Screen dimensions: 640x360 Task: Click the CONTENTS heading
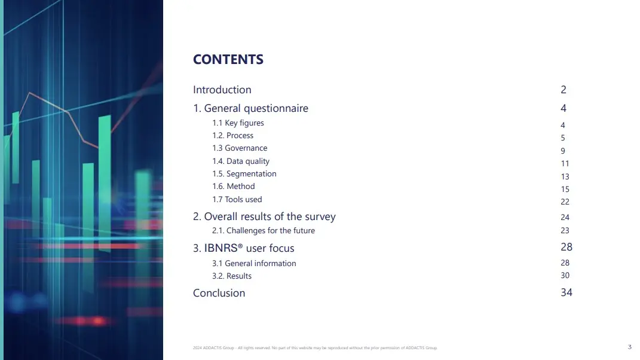point(228,59)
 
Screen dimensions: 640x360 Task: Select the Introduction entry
point(222,90)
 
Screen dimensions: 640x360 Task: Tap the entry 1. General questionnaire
point(250,108)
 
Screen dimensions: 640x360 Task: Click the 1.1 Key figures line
point(238,123)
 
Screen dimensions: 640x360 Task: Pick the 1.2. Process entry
point(232,135)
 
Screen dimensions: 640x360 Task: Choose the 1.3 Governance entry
point(240,148)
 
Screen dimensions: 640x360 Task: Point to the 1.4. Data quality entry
point(241,161)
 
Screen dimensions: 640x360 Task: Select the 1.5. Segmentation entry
point(244,173)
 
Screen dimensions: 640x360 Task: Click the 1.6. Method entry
point(234,187)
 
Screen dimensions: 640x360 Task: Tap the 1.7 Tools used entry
point(237,199)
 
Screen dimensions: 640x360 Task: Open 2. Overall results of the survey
point(264,216)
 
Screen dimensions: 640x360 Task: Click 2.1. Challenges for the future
point(264,230)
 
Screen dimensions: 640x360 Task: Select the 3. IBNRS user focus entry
point(244,248)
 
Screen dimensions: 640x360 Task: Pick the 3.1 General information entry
point(254,264)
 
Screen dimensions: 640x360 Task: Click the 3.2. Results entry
point(232,276)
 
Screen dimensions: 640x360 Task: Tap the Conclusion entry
point(219,293)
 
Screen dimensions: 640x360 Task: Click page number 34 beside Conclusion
point(566,292)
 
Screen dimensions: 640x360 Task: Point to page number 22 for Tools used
point(565,202)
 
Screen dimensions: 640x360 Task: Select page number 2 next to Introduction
point(564,90)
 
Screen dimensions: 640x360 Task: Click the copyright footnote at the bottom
point(315,348)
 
